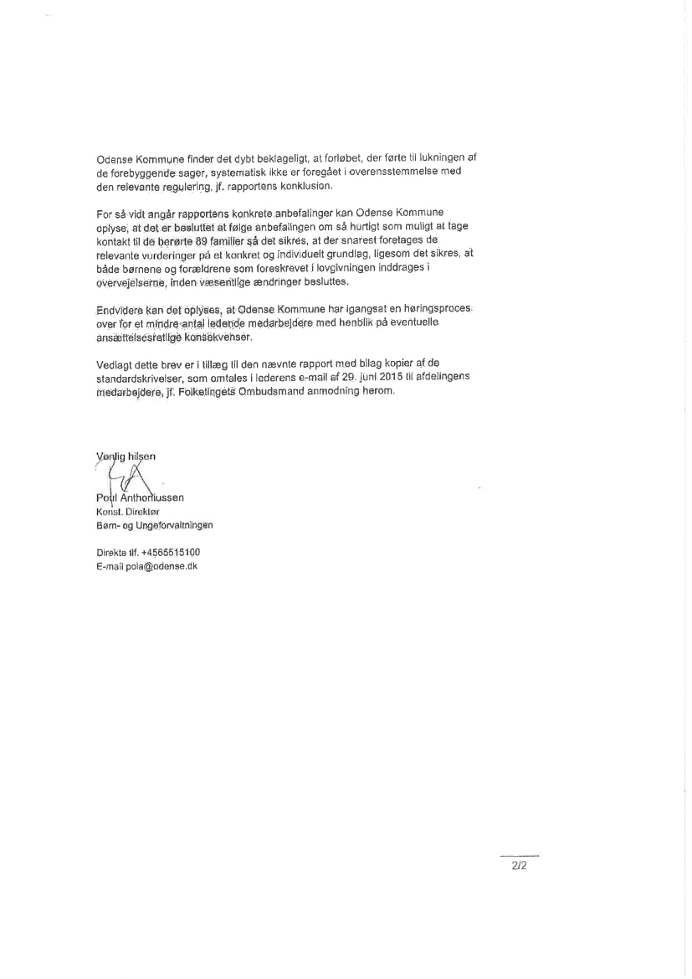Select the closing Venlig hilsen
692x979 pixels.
pos(126,456)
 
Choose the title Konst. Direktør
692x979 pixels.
pos(125,512)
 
